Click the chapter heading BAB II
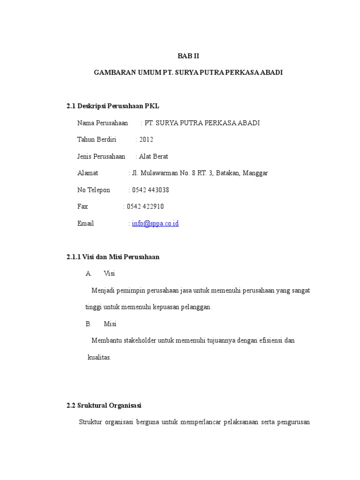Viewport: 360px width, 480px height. coord(188,56)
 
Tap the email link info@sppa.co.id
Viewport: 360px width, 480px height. coord(155,224)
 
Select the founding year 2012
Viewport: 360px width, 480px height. coord(146,140)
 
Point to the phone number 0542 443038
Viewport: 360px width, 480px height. coord(151,190)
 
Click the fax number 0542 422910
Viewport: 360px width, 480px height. coord(145,207)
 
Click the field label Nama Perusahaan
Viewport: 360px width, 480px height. coord(103,123)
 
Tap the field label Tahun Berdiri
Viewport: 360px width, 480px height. coord(97,140)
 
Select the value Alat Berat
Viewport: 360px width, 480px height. coord(154,157)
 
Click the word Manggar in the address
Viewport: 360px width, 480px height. coord(255,173)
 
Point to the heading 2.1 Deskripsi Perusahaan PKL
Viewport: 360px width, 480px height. coord(113,106)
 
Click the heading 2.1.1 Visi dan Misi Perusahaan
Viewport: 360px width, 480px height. coord(113,257)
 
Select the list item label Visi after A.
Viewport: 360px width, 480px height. coord(109,274)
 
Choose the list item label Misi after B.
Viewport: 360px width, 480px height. coord(110,324)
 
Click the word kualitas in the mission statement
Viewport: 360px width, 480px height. coord(99,357)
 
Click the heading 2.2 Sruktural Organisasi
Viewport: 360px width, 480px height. coord(104,405)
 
